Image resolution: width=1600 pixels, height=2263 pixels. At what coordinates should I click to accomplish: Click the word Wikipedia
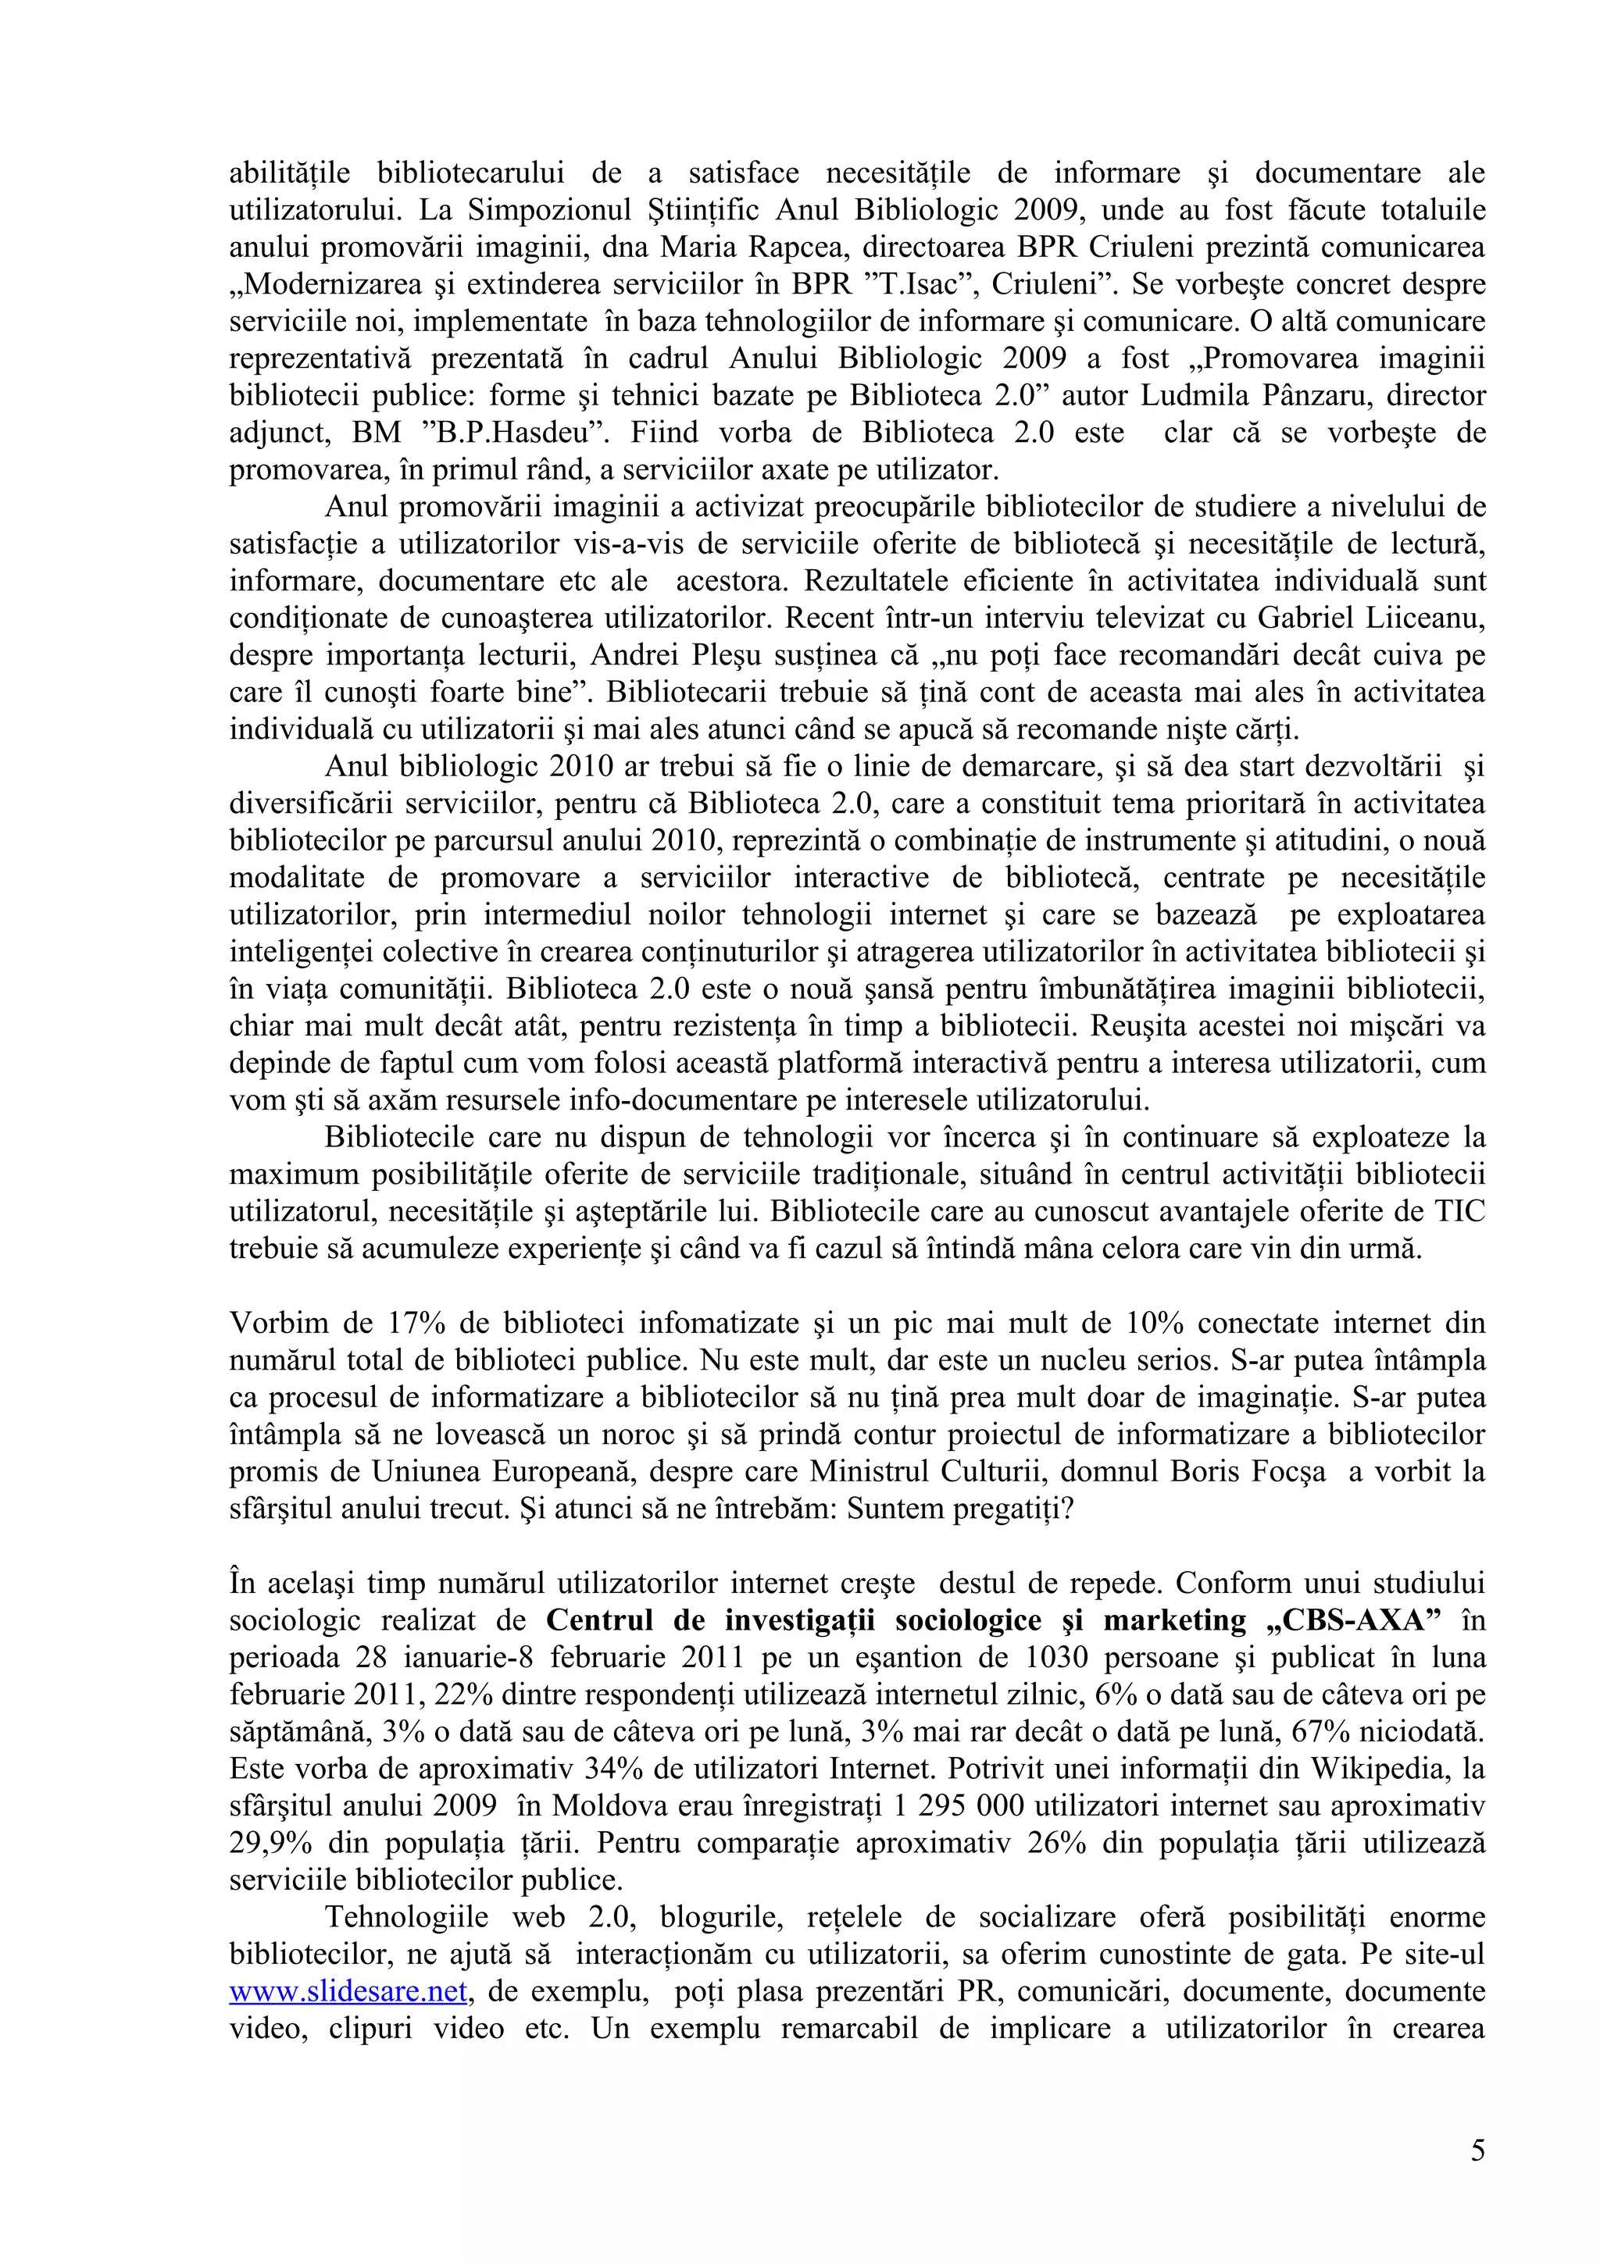point(1379,1768)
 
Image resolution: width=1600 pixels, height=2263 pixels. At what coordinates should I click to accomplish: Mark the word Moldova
point(602,1805)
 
